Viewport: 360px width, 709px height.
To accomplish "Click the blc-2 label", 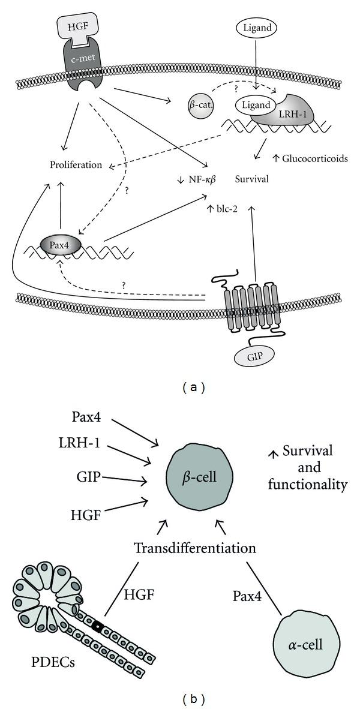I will point(225,209).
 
